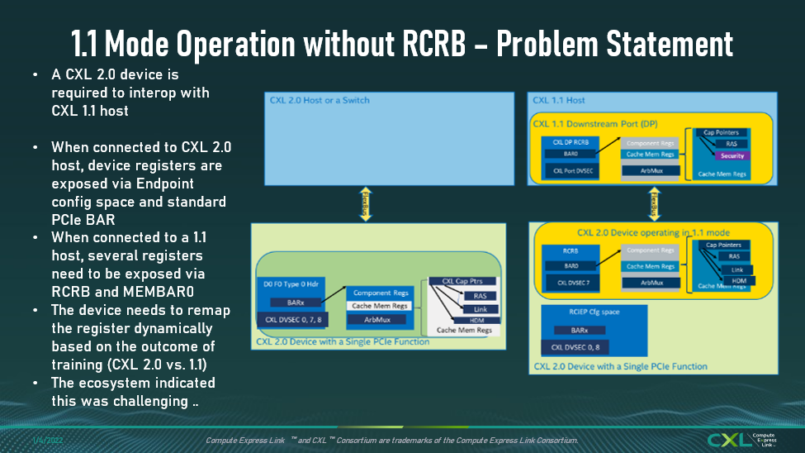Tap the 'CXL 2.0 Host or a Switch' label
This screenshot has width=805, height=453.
320,100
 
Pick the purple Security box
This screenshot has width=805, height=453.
732,155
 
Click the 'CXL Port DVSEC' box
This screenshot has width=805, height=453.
570,171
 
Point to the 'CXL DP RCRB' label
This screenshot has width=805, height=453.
570,141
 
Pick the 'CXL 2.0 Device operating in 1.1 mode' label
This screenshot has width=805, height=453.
648,232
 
